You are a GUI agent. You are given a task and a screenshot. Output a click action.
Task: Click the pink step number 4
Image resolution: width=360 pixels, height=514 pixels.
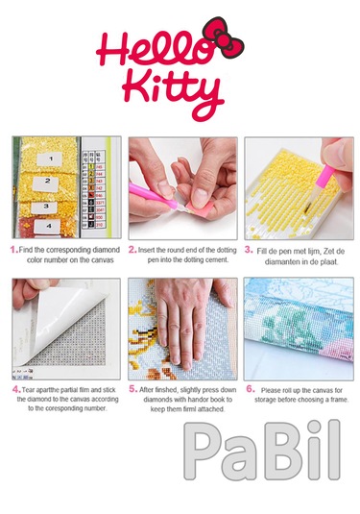point(14,390)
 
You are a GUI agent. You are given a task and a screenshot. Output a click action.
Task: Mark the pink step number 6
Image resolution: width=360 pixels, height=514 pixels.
point(249,390)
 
